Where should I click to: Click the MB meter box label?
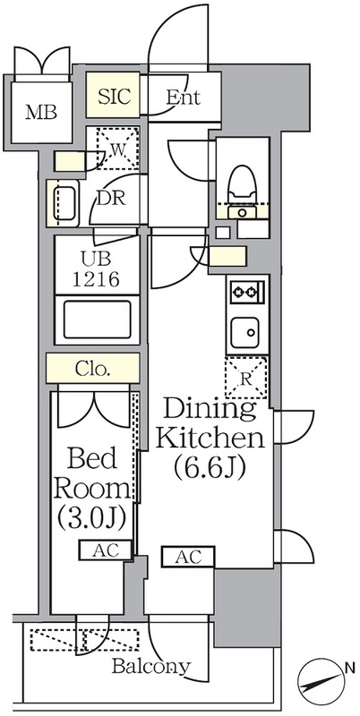click(x=41, y=113)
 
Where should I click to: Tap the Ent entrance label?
click(x=183, y=97)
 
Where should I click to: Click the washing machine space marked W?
click(x=117, y=149)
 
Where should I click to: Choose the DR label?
click(x=111, y=199)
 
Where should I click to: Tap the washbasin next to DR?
click(x=65, y=203)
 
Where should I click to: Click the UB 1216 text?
click(x=97, y=268)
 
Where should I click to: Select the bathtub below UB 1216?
click(x=98, y=320)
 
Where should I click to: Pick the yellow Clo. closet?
click(x=93, y=368)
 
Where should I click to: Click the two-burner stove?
click(x=247, y=290)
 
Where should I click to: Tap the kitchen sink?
click(x=244, y=332)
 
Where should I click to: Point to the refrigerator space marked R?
click(x=246, y=378)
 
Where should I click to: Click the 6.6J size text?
click(x=210, y=466)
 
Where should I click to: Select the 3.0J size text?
click(x=92, y=518)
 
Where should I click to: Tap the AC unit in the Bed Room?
click(x=106, y=550)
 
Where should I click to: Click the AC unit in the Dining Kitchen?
click(x=188, y=557)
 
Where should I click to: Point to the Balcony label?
click(x=150, y=667)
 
